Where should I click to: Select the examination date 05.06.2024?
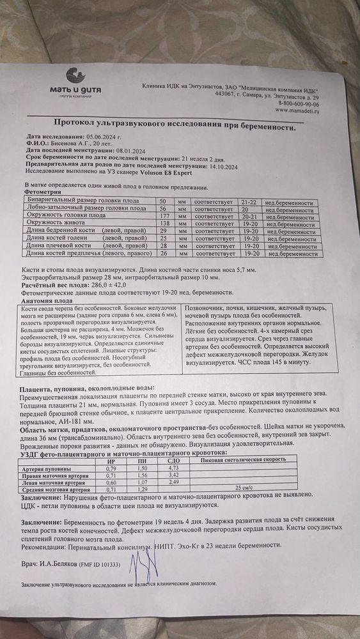point(101,137)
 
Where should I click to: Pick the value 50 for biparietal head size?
point(162,201)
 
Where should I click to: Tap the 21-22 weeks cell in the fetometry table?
point(249,201)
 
